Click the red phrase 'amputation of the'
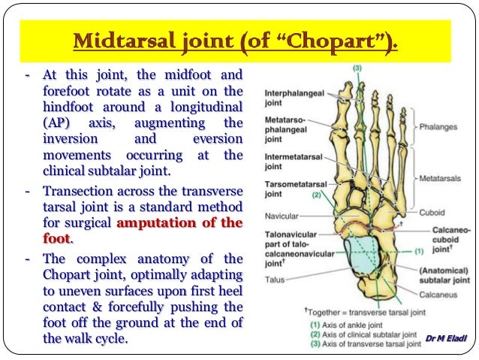(179, 222)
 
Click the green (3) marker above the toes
(357, 70)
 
